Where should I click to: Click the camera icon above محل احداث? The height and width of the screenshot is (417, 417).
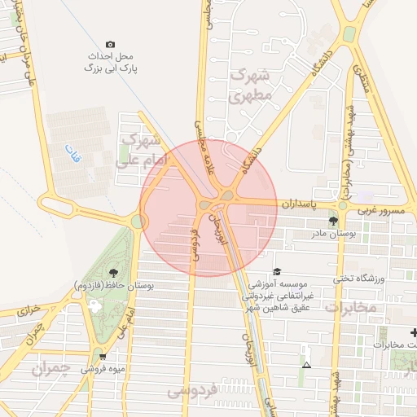(x=111, y=44)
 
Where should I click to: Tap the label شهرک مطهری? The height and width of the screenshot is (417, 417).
(x=249, y=86)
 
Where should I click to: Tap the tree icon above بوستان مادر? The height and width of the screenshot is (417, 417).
(x=332, y=221)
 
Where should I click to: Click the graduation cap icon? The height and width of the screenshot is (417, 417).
(x=277, y=271)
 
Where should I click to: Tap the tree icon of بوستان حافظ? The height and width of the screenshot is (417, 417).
(x=112, y=274)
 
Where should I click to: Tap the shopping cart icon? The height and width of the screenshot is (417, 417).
(x=102, y=356)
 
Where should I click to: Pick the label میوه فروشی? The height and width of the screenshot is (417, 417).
(x=102, y=368)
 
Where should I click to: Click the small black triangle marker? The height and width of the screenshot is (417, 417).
(x=305, y=365)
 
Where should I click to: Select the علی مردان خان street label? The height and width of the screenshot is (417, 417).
(x=23, y=58)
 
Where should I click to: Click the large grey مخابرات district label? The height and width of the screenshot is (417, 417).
(x=351, y=307)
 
